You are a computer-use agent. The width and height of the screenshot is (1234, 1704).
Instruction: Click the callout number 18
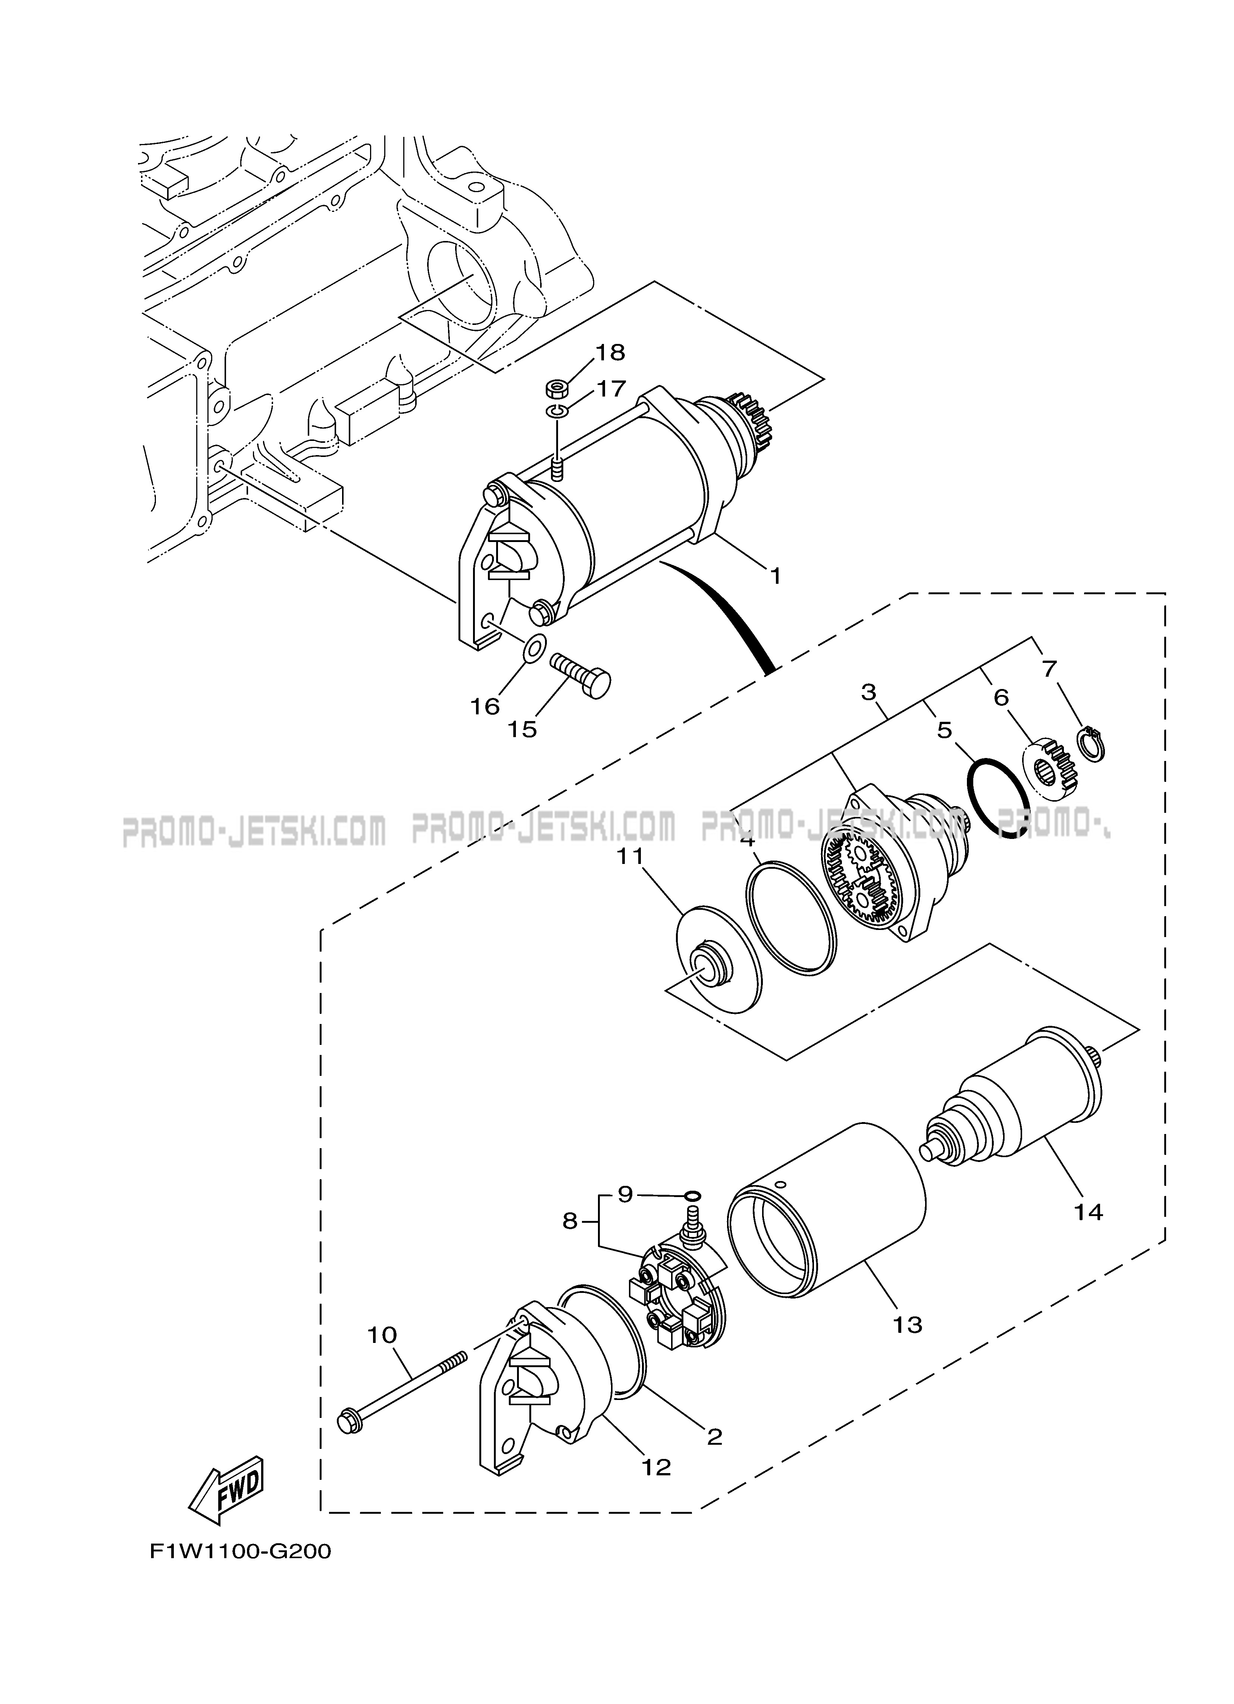[x=610, y=353]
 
